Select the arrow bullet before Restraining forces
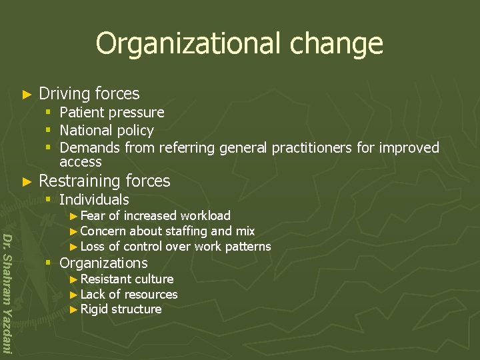tap(27, 181)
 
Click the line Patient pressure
tap(111, 113)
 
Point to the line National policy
tap(107, 131)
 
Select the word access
tap(80, 162)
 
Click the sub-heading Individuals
tap(94, 199)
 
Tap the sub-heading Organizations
tap(103, 263)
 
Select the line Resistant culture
tap(127, 279)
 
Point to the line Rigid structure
tap(121, 309)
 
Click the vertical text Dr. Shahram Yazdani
tap(7, 293)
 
